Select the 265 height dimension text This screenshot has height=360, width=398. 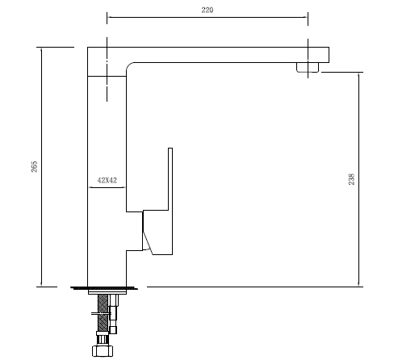[35, 165]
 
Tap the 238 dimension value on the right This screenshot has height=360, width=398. [351, 179]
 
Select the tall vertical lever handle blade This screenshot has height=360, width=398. [170, 194]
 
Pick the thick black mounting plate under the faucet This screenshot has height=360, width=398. [106, 287]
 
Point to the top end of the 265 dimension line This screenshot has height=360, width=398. [40, 47]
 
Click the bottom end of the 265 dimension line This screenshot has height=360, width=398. [40, 286]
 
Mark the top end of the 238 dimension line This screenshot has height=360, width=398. [358, 73]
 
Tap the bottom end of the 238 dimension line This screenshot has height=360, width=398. [358, 286]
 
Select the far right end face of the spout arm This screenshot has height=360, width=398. [329, 54]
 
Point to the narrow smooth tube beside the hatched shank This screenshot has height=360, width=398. [115, 311]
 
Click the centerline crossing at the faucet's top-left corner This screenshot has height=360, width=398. [107, 47]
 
